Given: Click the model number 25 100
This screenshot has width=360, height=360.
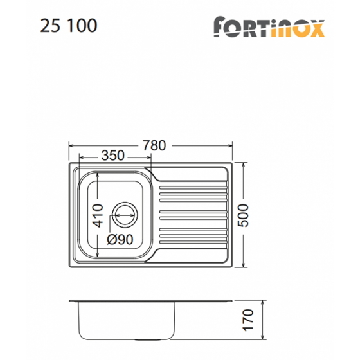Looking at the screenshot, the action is click(69, 25).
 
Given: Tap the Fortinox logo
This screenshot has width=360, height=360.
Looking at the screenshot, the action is click(269, 26).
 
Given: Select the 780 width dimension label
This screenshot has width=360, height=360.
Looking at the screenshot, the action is click(154, 145).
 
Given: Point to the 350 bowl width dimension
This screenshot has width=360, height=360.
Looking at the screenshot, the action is click(113, 156).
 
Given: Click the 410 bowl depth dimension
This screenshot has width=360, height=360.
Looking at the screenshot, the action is click(97, 215).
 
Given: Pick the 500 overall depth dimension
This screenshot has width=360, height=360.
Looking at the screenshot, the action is click(244, 215).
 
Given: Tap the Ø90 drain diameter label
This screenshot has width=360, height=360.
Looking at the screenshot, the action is click(120, 239).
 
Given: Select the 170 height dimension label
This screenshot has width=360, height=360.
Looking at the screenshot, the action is click(248, 320).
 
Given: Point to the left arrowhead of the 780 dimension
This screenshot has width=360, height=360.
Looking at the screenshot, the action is click(71, 145).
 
